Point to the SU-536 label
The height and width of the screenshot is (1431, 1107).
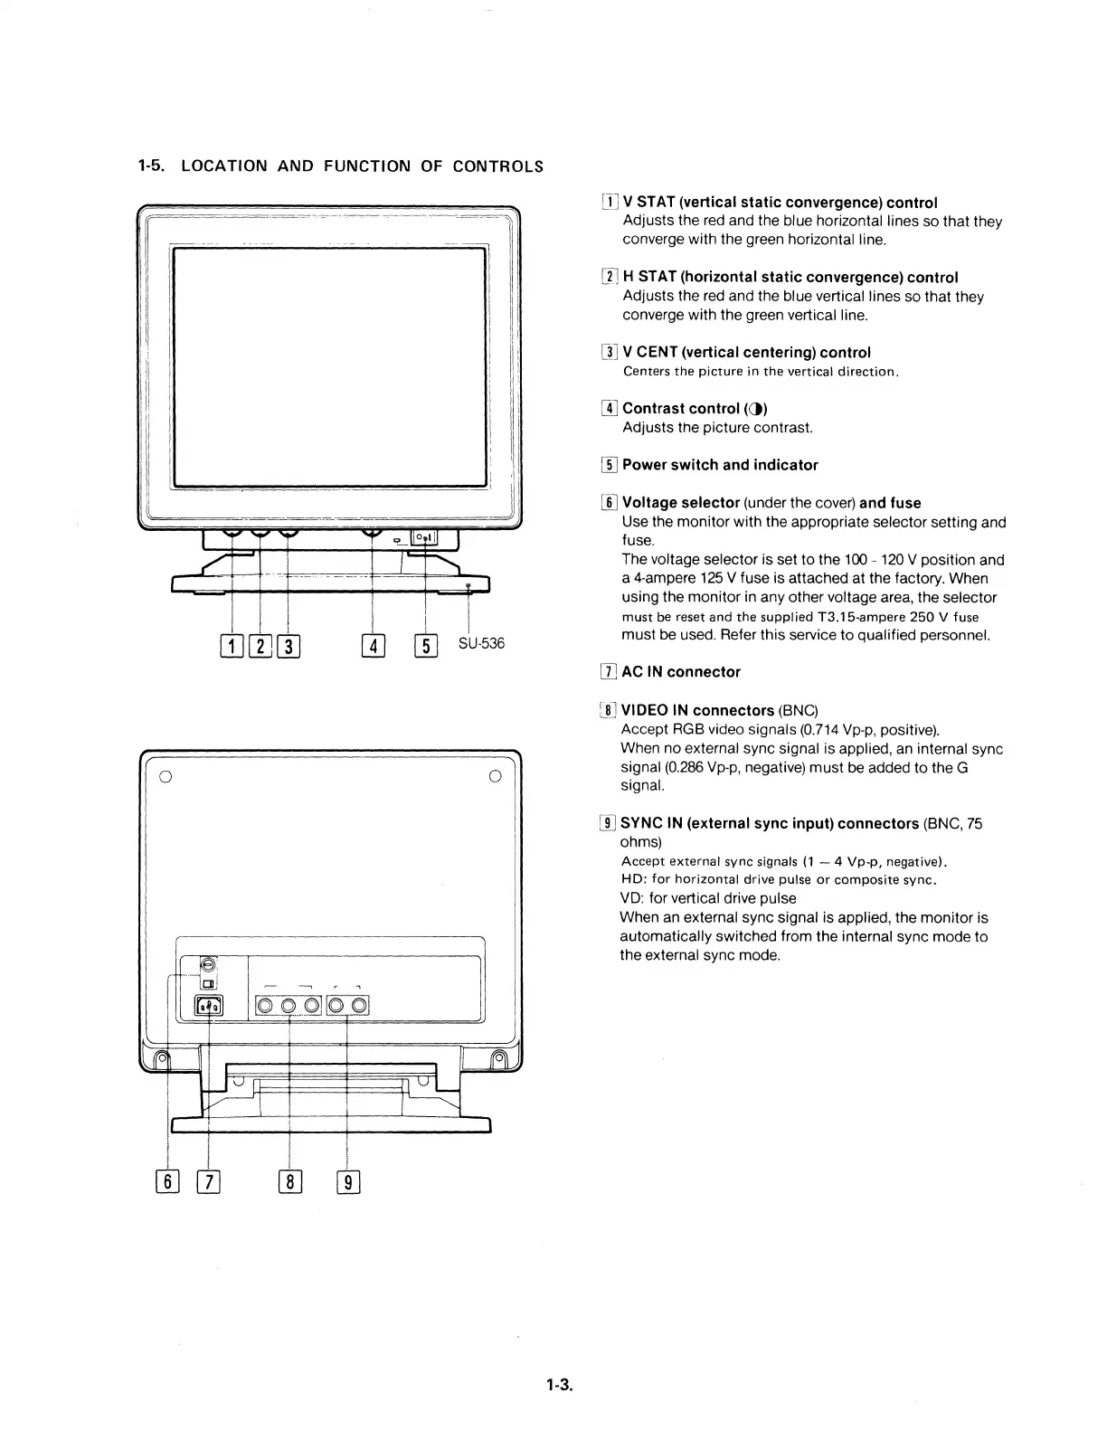coord(481,644)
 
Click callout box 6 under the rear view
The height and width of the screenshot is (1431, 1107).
coord(168,1182)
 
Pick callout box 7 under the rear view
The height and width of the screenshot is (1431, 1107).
coord(209,1182)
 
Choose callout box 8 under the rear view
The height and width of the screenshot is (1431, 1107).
coord(289,1182)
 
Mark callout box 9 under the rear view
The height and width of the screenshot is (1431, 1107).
coord(348,1182)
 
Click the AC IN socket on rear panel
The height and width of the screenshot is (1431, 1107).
coord(209,1006)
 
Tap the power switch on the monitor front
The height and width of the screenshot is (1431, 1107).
coord(424,538)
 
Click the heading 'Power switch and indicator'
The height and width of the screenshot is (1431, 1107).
coord(720,465)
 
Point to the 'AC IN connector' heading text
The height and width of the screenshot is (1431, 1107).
coord(681,672)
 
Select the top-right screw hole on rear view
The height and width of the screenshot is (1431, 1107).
coord(495,776)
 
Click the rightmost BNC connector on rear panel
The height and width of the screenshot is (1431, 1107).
coord(358,1005)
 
